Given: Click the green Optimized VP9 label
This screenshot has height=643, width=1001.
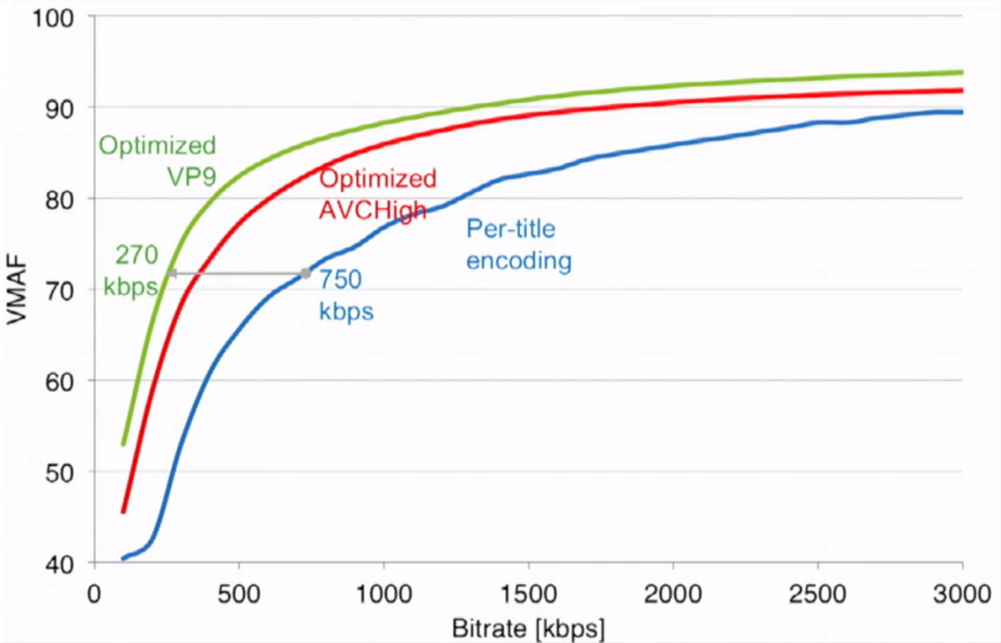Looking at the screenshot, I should pos(157,162).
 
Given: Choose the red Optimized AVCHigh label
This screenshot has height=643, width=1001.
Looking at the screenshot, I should pos(377,194).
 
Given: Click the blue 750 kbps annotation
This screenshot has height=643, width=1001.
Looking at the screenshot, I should pos(346,296).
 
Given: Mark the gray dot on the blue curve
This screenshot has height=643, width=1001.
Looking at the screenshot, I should pos(306,274).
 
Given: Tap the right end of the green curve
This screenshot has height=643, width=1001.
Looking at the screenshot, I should pos(961,72).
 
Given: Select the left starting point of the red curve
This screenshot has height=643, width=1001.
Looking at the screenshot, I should pos(123,512).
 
